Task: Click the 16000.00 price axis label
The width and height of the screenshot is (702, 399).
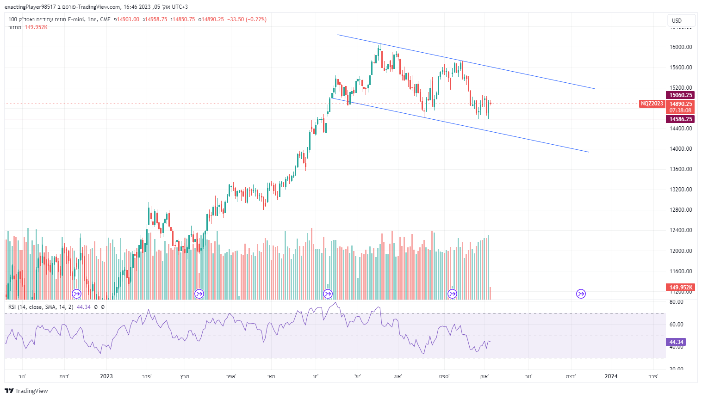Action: coord(681,47)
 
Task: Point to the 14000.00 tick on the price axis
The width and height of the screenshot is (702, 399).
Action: coord(681,149)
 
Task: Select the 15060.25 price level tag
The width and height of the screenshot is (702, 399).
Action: coord(680,95)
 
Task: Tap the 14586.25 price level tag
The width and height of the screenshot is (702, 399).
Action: coord(680,119)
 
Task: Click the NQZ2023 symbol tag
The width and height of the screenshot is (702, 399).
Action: coord(652,104)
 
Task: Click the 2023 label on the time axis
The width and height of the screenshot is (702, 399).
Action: coord(106,376)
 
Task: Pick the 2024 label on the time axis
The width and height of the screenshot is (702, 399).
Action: coord(611,376)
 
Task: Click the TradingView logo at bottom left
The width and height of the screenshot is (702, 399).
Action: coord(26,391)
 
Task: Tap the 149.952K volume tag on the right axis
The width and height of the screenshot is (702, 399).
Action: coord(681,288)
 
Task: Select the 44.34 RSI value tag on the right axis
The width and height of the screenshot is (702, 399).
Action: coord(676,342)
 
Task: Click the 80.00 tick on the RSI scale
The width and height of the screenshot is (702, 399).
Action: coord(677,302)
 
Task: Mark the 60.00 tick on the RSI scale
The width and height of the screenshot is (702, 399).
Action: coord(677,325)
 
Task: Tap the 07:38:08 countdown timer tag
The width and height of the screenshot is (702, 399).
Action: coord(680,110)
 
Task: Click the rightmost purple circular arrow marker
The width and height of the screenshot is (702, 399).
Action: coord(581,294)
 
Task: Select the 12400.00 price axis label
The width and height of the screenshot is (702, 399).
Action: coord(681,230)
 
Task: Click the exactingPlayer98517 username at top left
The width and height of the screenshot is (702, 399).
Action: coord(30,7)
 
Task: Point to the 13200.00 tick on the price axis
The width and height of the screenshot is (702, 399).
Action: coord(681,190)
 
